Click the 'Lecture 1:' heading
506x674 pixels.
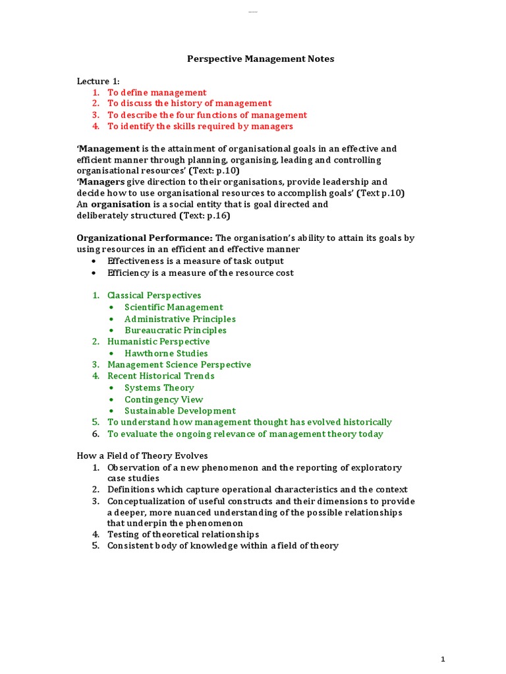click(98, 81)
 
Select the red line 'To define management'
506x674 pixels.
click(157, 93)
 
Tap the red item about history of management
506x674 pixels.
click(189, 103)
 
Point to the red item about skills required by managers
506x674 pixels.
click(200, 126)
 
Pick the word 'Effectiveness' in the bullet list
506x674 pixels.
click(137, 261)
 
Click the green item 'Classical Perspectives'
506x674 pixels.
click(154, 296)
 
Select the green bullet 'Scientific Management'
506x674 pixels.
click(174, 307)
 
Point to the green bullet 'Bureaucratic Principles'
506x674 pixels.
click(175, 330)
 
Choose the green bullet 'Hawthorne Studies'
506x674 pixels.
click(166, 353)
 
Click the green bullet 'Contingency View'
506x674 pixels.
click(163, 400)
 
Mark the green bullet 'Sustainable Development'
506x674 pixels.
click(180, 411)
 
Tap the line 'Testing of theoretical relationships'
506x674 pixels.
click(183, 534)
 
